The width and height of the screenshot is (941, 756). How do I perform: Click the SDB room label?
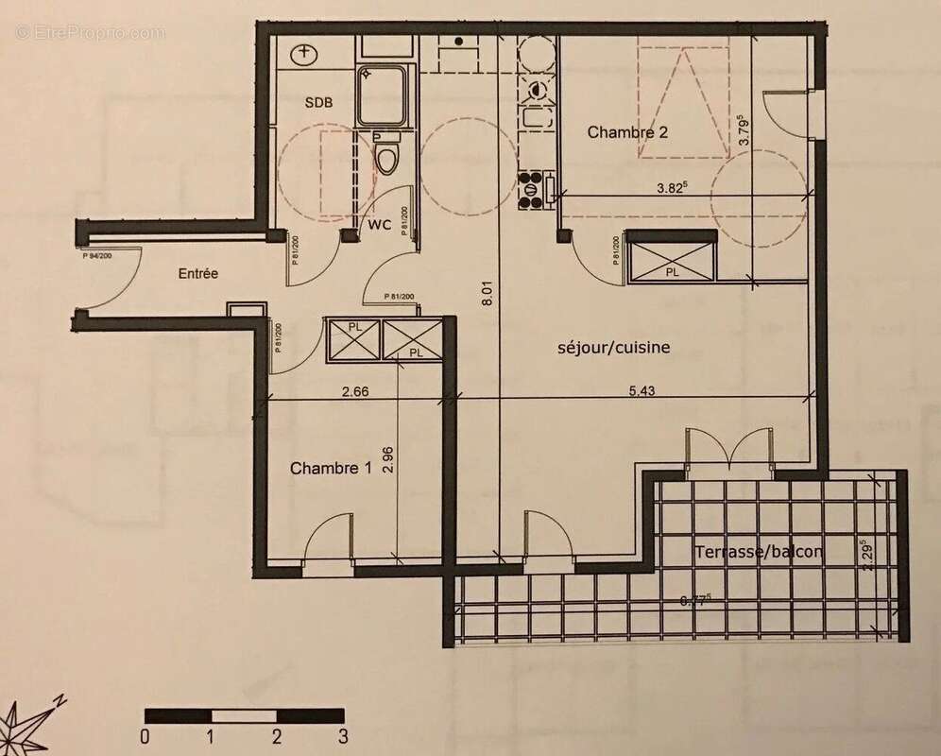[317, 102]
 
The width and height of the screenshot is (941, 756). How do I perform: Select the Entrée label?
[198, 274]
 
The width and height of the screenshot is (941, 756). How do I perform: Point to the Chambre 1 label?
[331, 469]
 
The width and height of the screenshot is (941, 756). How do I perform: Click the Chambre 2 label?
[628, 132]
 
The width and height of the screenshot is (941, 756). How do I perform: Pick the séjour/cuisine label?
[613, 348]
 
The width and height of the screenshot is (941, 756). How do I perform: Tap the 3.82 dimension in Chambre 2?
[672, 187]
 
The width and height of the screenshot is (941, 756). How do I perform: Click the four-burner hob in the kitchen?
[536, 188]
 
